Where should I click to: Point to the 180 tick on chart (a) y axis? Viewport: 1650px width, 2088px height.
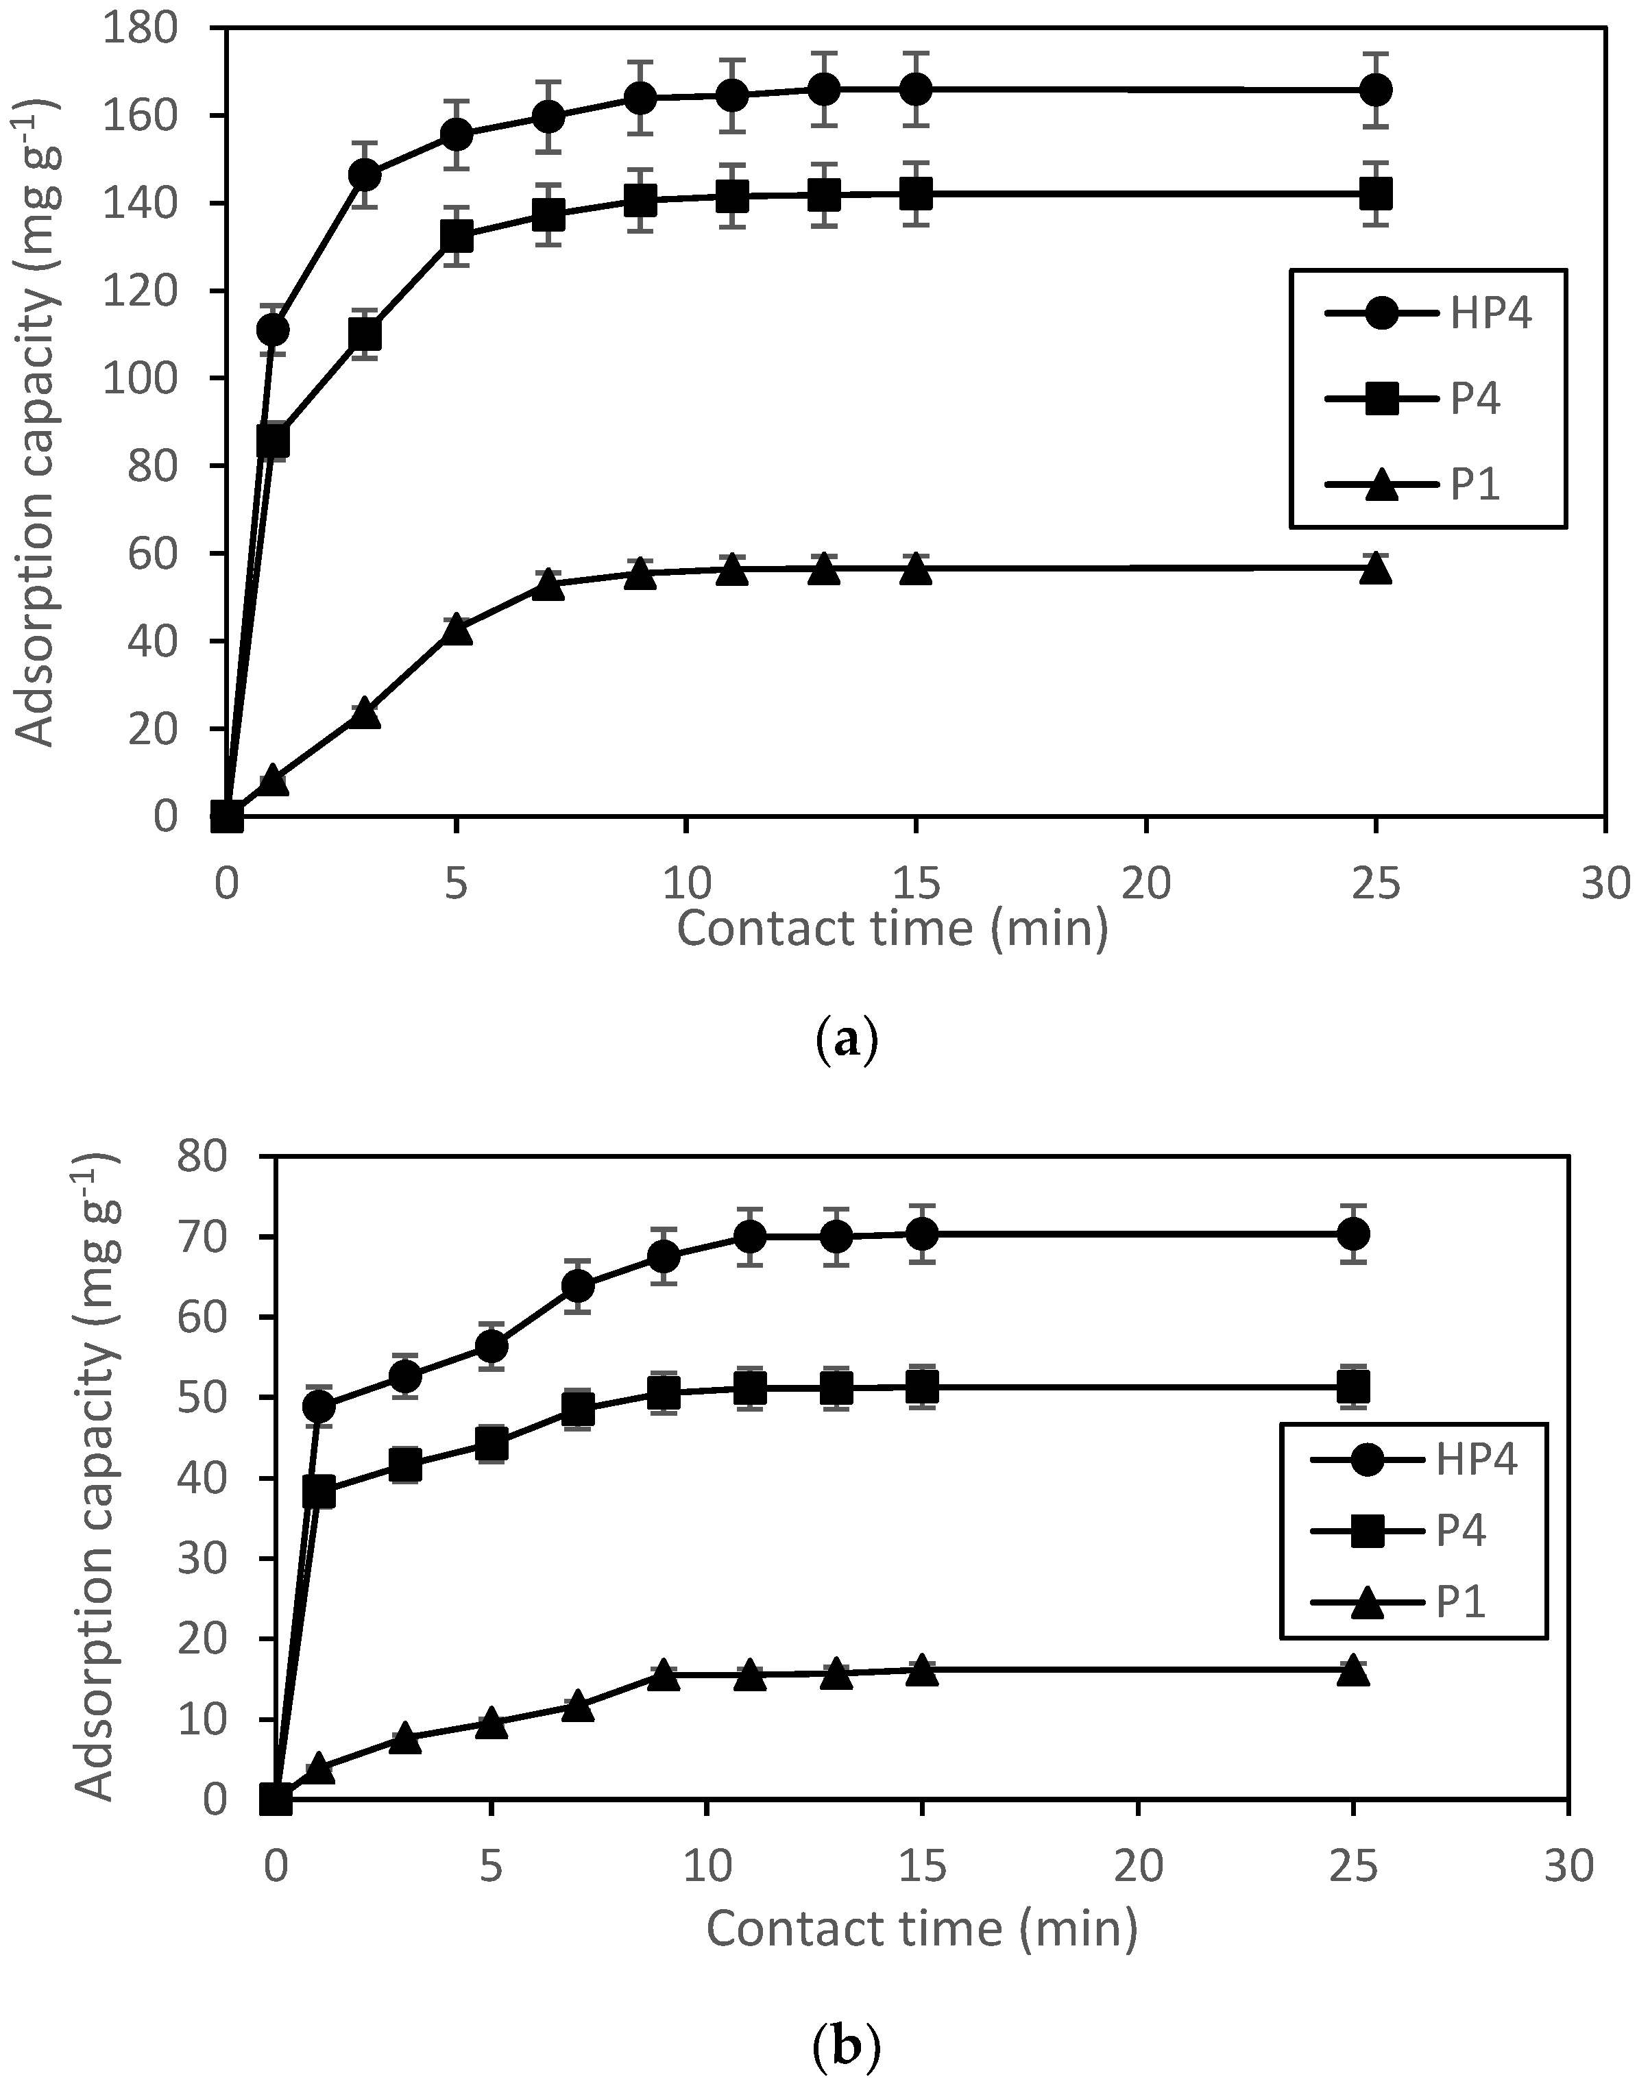tap(143, 28)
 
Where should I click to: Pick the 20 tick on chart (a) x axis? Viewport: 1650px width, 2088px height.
tap(1145, 885)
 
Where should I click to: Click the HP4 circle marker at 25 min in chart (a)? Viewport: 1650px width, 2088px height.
tap(1376, 90)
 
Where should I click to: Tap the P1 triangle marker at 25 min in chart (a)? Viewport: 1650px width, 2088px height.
tap(1376, 569)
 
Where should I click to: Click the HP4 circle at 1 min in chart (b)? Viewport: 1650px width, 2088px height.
tap(319, 1406)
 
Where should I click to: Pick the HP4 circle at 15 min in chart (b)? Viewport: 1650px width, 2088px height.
tap(923, 1233)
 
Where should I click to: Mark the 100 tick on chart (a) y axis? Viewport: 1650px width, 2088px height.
tap(143, 378)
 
